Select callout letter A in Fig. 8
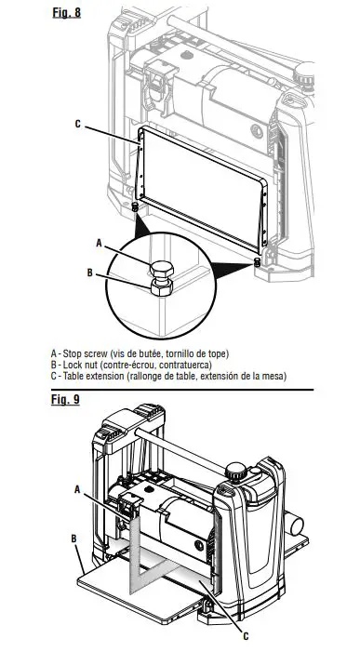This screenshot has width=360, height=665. click(x=99, y=241)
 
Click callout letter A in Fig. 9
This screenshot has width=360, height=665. click(x=78, y=487)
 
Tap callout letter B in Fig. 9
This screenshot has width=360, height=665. click(x=73, y=538)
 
